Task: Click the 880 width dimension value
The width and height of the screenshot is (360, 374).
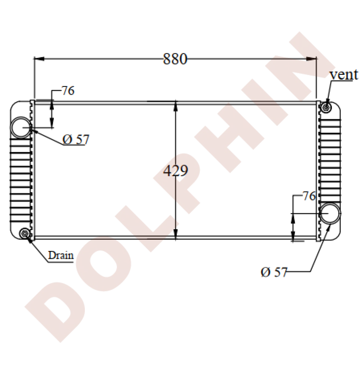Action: tap(175, 59)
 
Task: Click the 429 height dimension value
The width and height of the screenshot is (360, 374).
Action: tap(176, 171)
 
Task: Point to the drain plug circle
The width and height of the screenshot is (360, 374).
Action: tap(25, 234)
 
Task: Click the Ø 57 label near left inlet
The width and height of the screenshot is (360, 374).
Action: tap(76, 140)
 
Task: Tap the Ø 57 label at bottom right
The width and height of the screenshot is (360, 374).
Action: tap(274, 272)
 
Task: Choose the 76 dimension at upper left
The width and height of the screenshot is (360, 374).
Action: tap(68, 91)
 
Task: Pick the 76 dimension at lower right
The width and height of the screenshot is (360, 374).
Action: tap(309, 196)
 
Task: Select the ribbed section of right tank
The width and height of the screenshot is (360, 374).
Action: tap(329, 157)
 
